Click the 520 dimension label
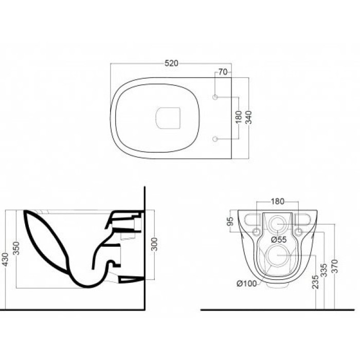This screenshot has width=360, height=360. click(x=171, y=63)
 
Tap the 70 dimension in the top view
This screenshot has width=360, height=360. click(x=223, y=72)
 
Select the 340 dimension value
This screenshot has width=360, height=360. click(x=248, y=117)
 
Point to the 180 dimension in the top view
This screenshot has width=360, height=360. click(x=239, y=117)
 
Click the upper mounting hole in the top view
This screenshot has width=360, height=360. click(x=215, y=97)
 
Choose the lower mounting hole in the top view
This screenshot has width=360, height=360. click(x=215, y=139)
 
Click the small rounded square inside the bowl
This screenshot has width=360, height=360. click(x=168, y=118)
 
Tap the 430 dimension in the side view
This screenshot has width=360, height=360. click(x=5, y=260)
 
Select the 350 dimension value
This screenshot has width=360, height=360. click(x=16, y=248)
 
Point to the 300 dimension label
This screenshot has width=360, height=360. click(x=155, y=244)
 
